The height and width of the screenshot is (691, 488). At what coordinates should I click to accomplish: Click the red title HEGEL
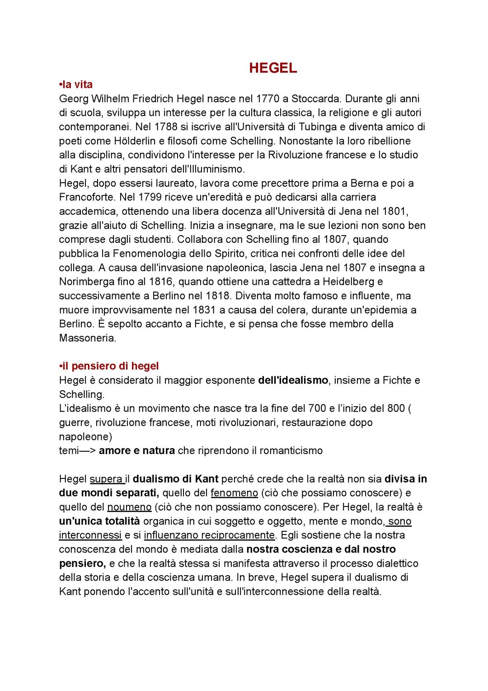[273, 68]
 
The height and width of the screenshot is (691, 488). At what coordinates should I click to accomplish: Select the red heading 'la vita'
[77, 84]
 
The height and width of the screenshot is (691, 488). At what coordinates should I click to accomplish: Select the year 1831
[204, 310]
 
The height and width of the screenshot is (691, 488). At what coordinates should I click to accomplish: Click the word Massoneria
[88, 338]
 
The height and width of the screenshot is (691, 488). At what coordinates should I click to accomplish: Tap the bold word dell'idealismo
[293, 380]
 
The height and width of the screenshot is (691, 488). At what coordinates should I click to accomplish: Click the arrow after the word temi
[87, 450]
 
